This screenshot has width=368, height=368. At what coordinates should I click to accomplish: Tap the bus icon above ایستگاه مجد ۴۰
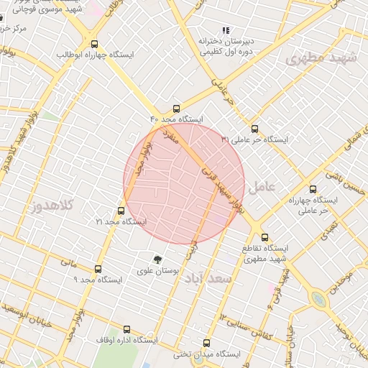[178, 108]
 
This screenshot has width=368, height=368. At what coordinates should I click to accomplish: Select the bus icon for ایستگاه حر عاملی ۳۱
[245, 129]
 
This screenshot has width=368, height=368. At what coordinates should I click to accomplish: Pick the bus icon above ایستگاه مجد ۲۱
[121, 211]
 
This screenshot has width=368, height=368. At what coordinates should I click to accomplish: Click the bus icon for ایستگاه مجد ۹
[98, 269]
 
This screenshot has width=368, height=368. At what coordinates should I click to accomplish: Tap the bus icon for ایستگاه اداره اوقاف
[127, 329]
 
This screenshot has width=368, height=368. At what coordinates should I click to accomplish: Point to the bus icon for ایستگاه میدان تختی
[207, 344]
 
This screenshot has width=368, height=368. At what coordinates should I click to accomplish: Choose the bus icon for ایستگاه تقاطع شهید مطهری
[264, 237]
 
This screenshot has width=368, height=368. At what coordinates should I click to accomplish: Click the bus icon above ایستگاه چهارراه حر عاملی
[312, 190]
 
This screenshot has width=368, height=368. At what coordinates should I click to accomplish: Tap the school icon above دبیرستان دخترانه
[226, 30]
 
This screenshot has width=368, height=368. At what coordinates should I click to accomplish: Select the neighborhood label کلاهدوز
[52, 206]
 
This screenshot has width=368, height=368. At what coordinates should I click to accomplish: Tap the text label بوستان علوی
[157, 271]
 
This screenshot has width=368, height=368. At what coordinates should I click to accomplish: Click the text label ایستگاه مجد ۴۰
[177, 119]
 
